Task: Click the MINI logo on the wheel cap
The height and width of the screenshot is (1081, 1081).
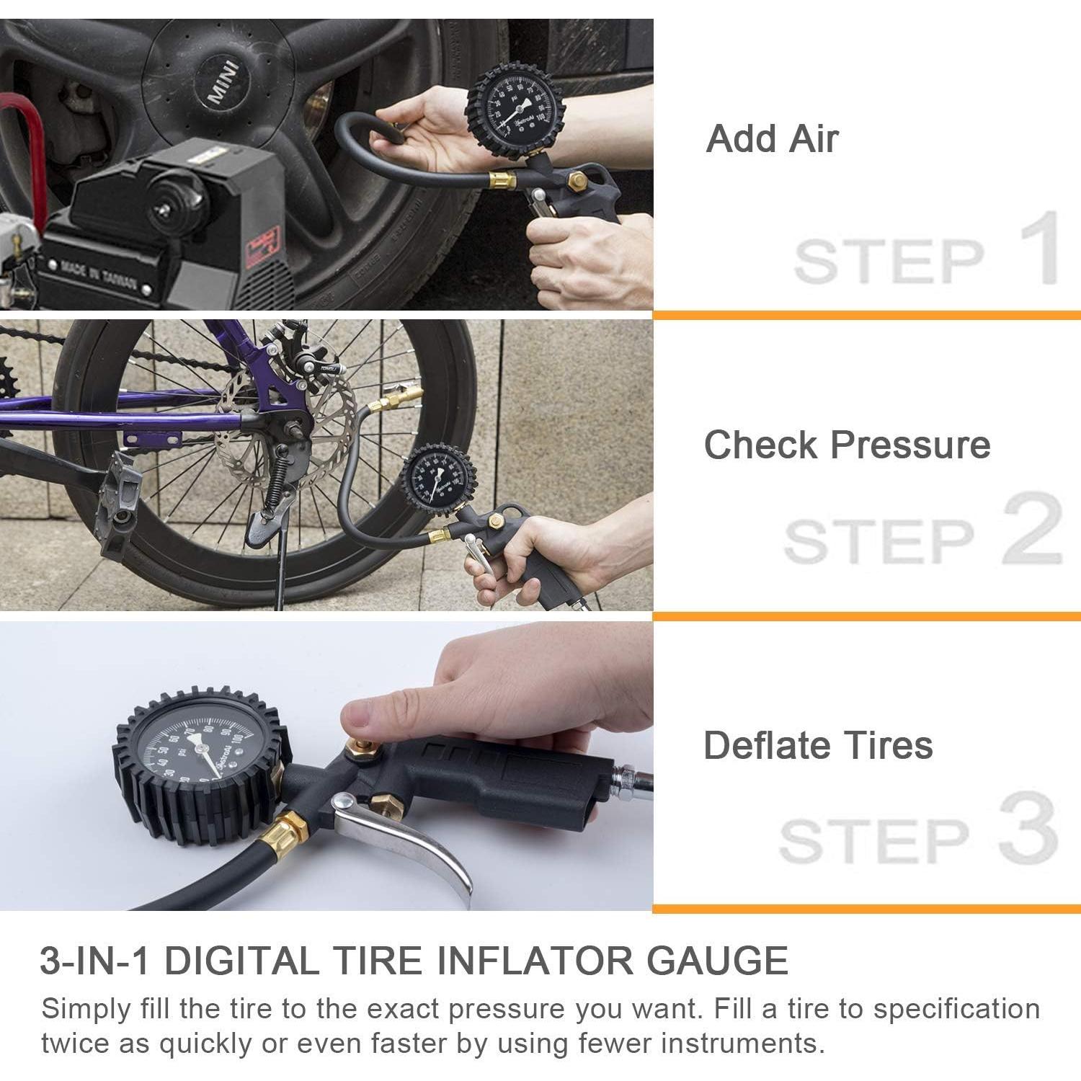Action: tap(222, 83)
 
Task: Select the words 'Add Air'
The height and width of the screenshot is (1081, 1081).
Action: tap(772, 138)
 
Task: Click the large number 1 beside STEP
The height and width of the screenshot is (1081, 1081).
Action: tap(1038, 247)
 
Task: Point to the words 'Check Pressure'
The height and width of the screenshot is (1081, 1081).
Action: tap(847, 445)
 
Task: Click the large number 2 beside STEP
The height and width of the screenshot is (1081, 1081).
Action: tap(1032, 530)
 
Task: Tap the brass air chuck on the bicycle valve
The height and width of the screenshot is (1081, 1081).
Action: tap(398, 395)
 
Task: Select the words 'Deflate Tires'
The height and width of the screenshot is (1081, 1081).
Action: tap(818, 745)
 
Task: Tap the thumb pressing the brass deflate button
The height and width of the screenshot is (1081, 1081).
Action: tap(368, 718)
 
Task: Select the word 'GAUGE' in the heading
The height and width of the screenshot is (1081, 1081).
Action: tap(716, 961)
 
